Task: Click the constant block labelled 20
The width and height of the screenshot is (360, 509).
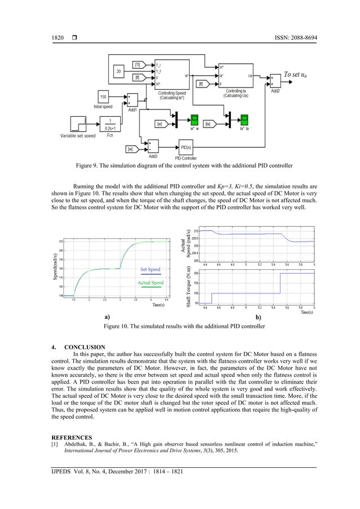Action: click(118, 72)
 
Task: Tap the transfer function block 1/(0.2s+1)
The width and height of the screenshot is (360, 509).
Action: click(111, 122)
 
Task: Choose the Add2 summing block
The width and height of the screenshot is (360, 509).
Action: click(275, 78)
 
